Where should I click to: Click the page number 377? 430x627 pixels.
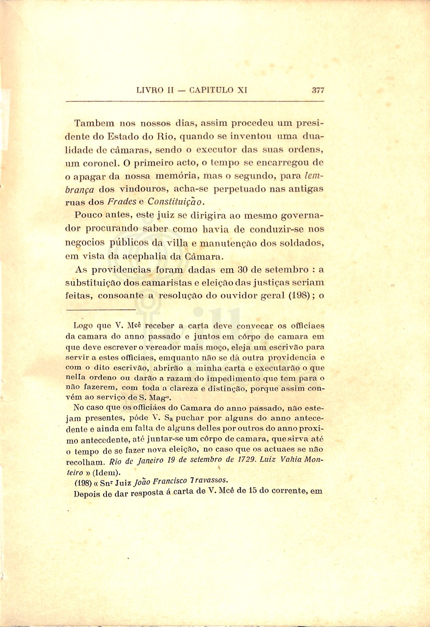tap(318, 90)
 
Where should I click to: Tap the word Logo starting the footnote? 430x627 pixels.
tap(83, 326)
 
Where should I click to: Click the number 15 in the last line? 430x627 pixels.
tap(248, 491)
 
